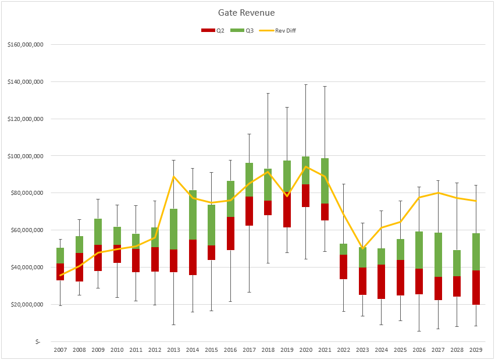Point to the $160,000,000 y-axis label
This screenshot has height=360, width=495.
[27, 45]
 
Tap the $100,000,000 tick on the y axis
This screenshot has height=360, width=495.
[27, 156]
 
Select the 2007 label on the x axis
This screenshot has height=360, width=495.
[60, 350]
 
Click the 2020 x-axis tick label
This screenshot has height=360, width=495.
[306, 350]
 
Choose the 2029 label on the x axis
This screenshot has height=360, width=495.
[476, 350]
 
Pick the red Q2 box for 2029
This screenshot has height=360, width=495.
[476, 287]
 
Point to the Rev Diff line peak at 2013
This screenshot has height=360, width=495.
[174, 176]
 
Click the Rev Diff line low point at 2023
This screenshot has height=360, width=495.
[362, 249]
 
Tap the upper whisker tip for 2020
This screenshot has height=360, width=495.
[306, 85]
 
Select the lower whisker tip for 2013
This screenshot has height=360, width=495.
[174, 325]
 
